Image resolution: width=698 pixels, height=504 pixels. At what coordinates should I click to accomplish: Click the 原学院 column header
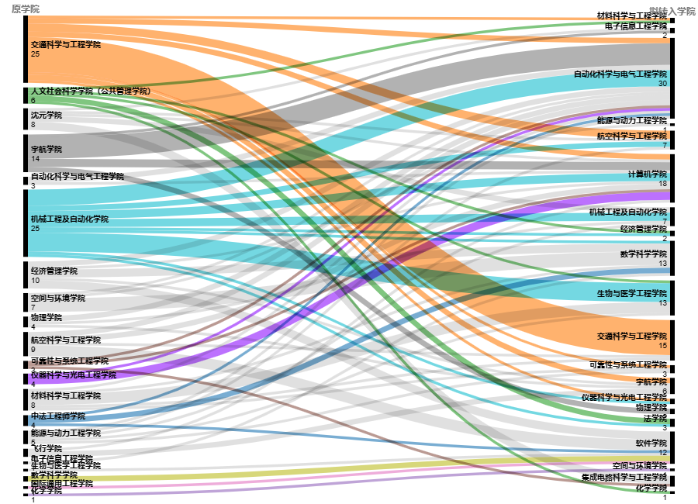tap(25, 9)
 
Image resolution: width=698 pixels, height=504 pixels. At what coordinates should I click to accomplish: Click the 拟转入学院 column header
tap(672, 11)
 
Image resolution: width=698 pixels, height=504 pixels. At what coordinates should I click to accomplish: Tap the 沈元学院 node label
tap(47, 115)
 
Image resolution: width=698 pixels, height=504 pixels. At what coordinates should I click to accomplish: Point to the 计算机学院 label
tap(648, 174)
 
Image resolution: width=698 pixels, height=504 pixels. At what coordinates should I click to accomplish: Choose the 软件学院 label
tap(651, 444)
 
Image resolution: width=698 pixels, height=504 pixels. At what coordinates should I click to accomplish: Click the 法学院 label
tap(655, 418)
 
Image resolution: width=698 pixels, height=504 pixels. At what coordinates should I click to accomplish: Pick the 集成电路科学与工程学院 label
tap(624, 478)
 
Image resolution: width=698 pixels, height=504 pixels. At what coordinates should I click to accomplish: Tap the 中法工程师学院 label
tap(58, 416)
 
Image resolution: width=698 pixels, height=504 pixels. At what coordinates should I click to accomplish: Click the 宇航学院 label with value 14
tap(47, 149)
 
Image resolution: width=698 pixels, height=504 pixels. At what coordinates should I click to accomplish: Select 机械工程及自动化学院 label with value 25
tap(70, 219)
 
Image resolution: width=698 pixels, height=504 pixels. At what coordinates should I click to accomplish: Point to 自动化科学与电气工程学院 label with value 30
tap(620, 74)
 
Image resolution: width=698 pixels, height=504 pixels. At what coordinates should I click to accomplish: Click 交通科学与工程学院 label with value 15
tap(632, 336)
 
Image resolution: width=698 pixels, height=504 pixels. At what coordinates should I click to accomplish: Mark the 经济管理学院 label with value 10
tap(54, 271)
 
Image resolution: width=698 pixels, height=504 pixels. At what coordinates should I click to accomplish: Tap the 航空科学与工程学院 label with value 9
tap(66, 340)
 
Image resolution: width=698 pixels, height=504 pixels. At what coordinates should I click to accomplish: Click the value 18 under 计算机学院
tap(662, 184)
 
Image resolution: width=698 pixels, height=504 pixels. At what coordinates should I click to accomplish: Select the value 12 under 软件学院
tap(662, 453)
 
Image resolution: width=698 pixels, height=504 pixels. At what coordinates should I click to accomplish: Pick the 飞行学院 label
tap(47, 448)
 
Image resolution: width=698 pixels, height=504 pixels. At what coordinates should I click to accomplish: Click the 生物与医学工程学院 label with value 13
tap(632, 293)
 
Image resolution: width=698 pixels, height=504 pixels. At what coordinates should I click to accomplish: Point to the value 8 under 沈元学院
tap(33, 124)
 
